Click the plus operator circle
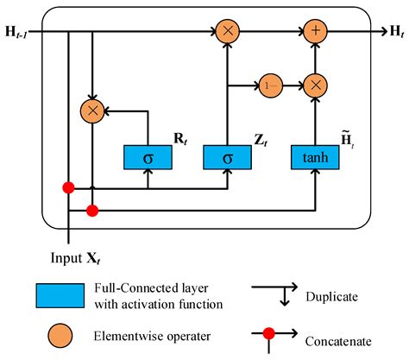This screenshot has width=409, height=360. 316,32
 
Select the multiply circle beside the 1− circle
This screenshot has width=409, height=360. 316,85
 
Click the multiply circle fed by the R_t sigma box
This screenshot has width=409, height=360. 91,110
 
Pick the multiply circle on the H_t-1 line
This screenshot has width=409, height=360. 228,32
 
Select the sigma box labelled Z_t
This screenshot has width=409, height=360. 227,158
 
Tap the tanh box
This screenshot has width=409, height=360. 316,158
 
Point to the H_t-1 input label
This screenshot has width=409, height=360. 20,32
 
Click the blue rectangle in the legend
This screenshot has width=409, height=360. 73,295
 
